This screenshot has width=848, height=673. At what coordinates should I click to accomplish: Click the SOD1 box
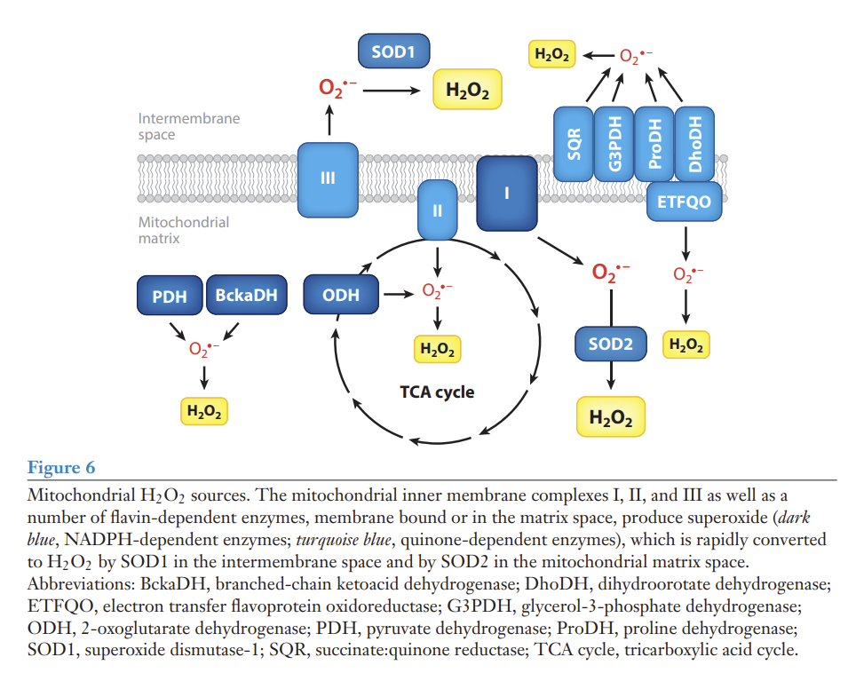[x=393, y=51]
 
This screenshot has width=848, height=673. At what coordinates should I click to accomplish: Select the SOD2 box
[x=611, y=344]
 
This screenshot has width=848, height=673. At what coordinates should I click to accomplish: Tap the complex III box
[x=328, y=178]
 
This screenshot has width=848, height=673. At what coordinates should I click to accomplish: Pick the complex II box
[x=437, y=211]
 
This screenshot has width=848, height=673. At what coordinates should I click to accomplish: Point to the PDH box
[x=169, y=296]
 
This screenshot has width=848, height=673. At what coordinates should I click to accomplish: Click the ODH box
[x=341, y=295]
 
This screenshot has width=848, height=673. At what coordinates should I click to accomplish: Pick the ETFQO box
[x=684, y=202]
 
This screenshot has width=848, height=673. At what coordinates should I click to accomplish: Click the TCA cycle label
[x=437, y=392]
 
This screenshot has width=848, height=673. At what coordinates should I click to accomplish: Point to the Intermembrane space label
[x=188, y=126]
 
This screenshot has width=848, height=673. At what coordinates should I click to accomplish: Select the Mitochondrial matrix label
[x=183, y=230]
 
